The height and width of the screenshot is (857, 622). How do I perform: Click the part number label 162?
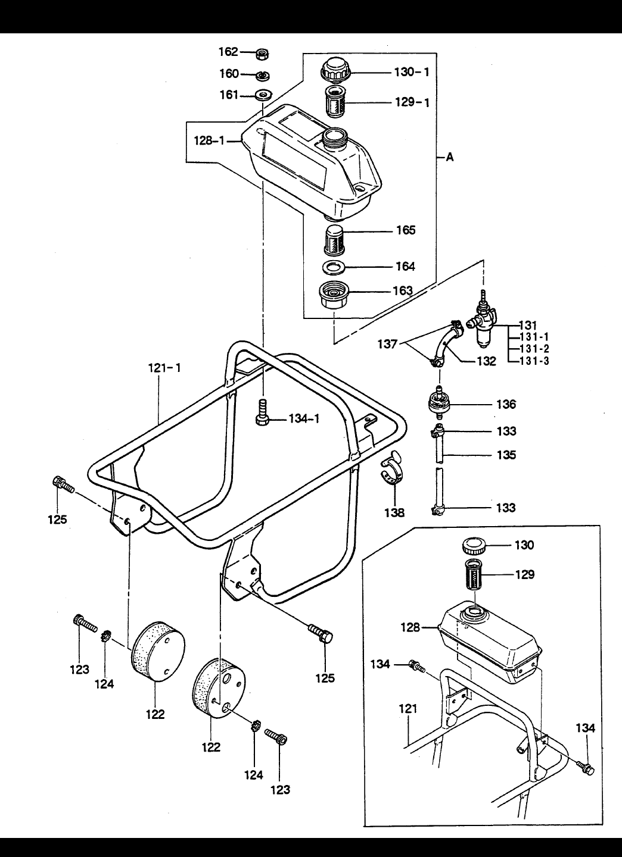(228, 52)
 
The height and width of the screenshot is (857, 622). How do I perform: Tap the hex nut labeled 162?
(262, 54)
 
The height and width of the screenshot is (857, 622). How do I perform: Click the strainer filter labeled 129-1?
(335, 102)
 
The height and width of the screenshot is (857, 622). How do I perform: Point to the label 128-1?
(209, 141)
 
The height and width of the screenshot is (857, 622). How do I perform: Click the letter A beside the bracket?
(450, 157)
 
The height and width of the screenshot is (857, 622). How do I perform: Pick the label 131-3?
(534, 361)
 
